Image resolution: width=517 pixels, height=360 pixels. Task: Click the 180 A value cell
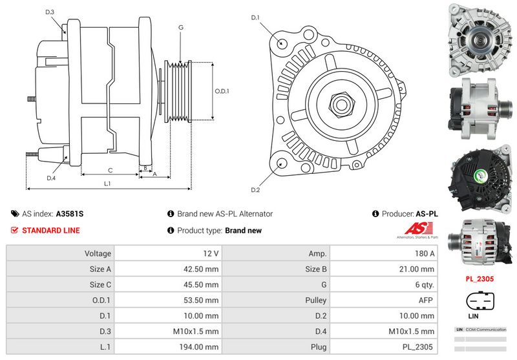click(x=425, y=253)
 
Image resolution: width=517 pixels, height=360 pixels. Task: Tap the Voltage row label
click(x=98, y=253)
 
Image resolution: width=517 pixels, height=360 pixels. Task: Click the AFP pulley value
click(x=426, y=301)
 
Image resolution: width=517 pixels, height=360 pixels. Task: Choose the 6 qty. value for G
click(x=424, y=284)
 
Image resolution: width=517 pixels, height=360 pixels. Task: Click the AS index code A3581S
click(x=69, y=214)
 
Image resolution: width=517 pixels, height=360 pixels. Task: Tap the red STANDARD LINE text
click(x=51, y=231)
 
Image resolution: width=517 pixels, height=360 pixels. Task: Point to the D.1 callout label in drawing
click(x=255, y=17)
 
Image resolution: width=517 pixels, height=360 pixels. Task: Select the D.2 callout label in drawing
click(x=255, y=190)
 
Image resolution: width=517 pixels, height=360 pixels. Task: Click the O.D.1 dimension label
click(x=222, y=91)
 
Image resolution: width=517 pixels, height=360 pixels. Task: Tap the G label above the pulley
click(x=181, y=27)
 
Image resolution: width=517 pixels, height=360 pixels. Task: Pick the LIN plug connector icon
click(x=481, y=302)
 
